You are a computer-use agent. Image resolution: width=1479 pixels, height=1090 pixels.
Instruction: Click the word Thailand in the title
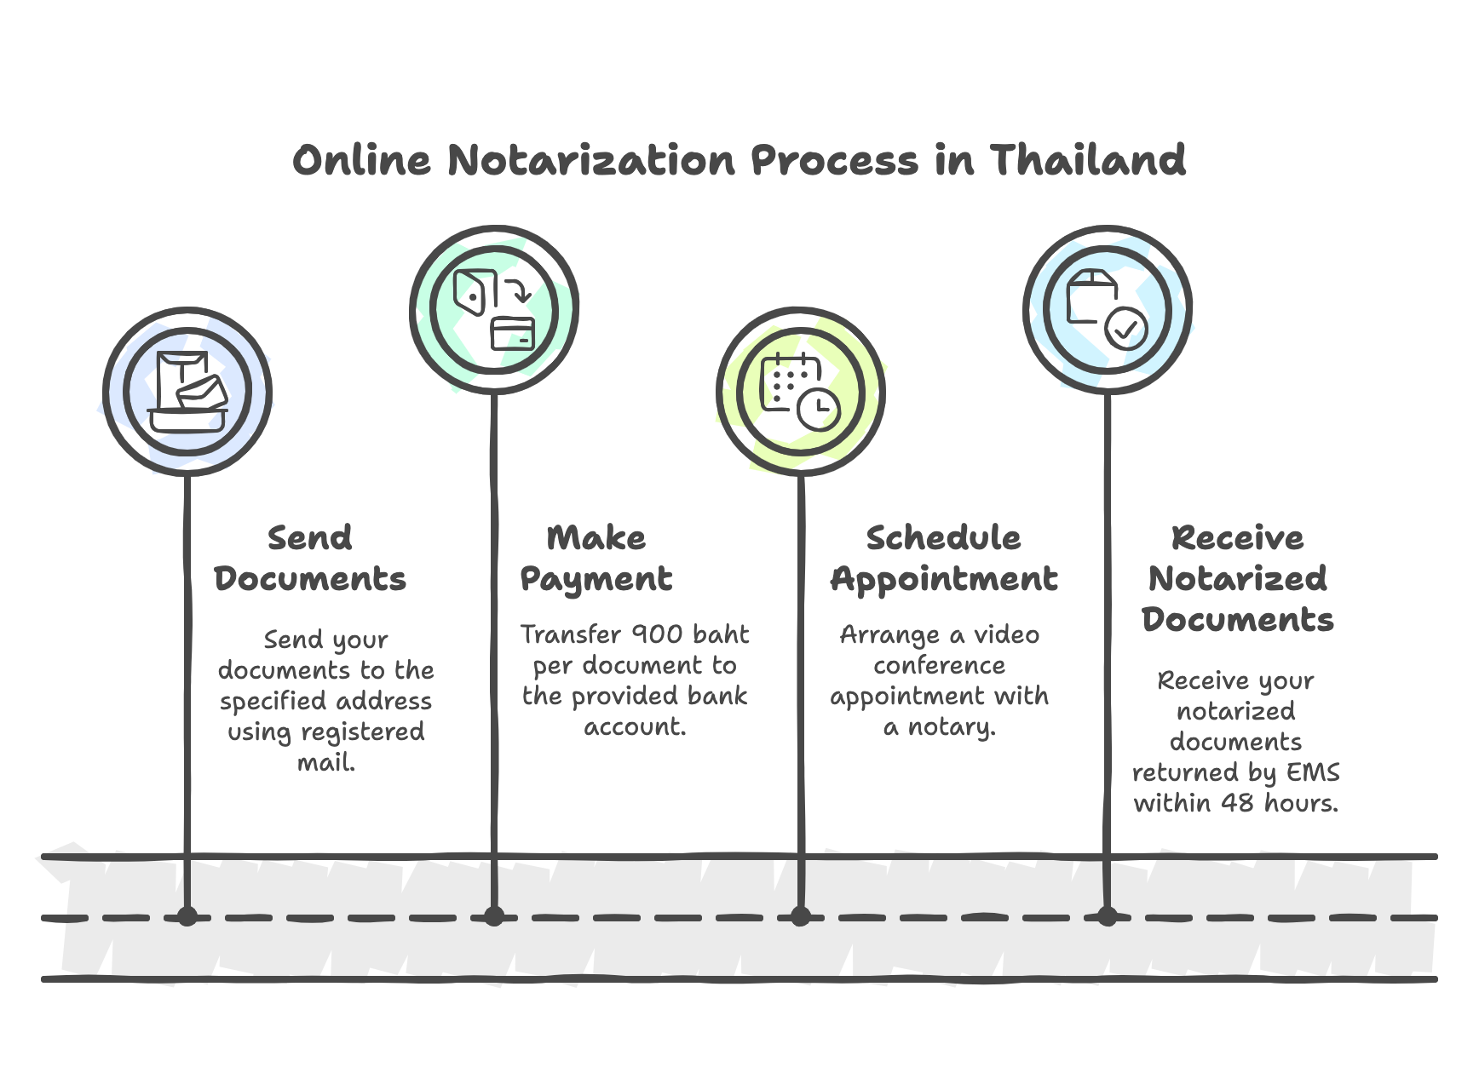point(1087,160)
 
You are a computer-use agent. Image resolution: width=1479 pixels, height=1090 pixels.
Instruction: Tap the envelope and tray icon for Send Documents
point(188,392)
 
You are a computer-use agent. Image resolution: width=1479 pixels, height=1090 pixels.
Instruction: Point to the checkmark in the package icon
point(1126,328)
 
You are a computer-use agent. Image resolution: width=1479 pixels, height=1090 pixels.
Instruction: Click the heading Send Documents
point(310,558)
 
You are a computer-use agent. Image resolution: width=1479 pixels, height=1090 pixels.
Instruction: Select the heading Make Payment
point(596,558)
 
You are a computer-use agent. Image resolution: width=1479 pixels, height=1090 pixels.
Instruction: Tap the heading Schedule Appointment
point(944,558)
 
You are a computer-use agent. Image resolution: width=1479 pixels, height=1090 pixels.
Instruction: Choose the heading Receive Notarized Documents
point(1237,578)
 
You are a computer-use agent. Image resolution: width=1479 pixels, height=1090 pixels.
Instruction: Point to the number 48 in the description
point(1237,803)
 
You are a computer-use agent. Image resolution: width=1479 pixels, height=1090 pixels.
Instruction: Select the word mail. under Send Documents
point(326,762)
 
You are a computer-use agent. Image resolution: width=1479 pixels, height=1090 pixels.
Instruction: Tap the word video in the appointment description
point(1006,634)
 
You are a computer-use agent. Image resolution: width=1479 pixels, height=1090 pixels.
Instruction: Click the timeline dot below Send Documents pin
point(187,917)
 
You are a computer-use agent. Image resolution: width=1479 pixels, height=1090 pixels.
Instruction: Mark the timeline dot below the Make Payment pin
point(494,917)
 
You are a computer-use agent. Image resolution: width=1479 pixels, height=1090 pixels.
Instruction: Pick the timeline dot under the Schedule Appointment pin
point(801,917)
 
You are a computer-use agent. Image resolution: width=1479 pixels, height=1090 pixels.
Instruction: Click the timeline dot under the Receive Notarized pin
point(1108,917)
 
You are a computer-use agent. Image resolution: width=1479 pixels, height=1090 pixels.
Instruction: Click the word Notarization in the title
point(591,160)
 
